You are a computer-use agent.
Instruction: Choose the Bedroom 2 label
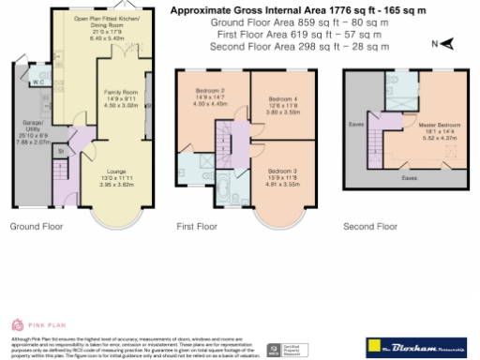[x=209, y=91]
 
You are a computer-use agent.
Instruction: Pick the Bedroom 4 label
[x=282, y=99]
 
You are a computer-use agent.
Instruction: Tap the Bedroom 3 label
[x=282, y=171]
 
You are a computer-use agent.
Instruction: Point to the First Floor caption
[x=196, y=226]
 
